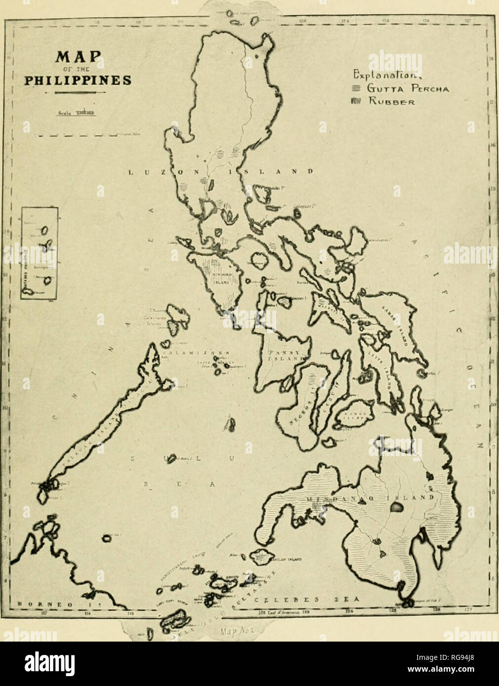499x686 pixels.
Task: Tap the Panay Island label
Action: click(281, 356)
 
